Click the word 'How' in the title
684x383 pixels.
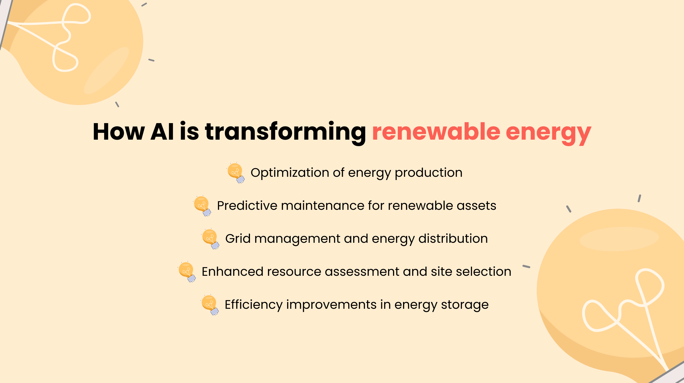point(119,132)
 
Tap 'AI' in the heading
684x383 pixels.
point(162,132)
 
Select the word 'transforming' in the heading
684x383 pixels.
point(285,132)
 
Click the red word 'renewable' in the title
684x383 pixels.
point(436,132)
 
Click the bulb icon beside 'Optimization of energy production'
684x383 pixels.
point(236,173)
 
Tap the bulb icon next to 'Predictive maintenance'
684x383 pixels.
point(202,206)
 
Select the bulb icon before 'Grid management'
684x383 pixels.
point(211,239)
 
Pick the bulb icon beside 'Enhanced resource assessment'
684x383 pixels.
point(187,272)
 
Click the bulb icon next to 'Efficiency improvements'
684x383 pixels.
point(210,305)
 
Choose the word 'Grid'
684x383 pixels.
point(238,239)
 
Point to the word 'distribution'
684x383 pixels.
point(453,239)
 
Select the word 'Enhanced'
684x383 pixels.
point(233,272)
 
